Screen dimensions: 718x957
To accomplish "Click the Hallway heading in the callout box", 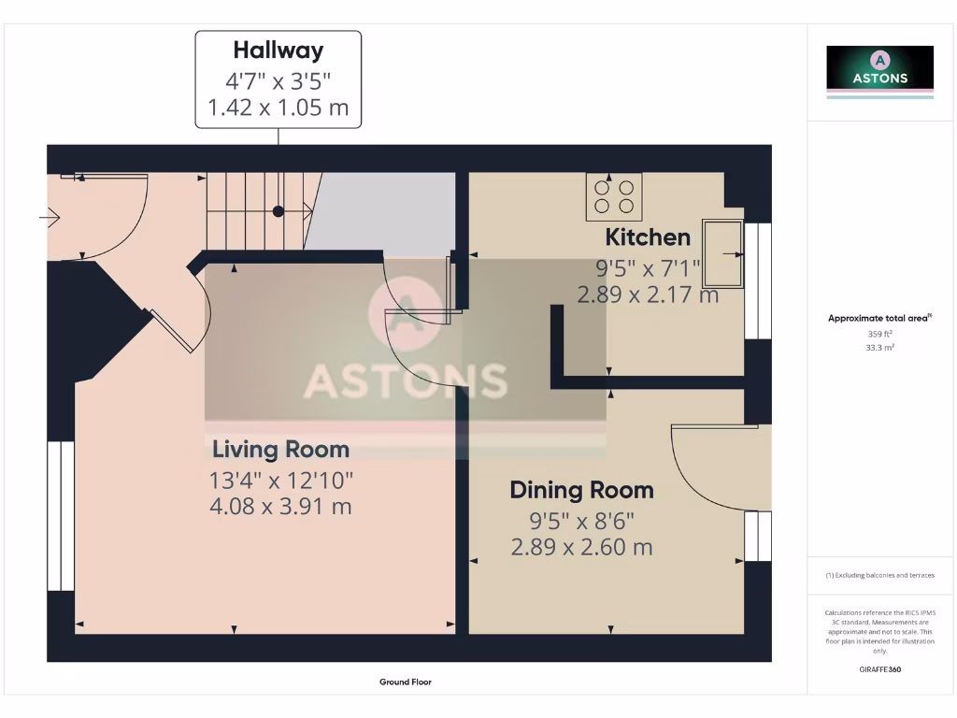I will (278, 50).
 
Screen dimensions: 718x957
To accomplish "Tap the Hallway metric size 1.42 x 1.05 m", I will (278, 108).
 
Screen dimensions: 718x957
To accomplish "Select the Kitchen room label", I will (648, 237).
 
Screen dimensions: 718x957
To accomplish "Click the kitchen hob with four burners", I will (613, 196).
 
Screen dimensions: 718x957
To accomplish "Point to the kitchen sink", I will (722, 253).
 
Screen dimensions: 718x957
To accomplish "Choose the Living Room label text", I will (280, 450).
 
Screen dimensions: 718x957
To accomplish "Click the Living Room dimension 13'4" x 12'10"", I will (280, 481).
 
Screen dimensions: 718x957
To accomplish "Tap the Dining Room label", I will (581, 490).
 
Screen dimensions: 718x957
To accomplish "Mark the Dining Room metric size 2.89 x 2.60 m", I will (581, 547).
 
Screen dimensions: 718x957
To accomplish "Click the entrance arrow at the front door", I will (50, 218).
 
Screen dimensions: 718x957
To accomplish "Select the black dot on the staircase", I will (278, 211).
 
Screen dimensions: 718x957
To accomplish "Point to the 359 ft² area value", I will (879, 334).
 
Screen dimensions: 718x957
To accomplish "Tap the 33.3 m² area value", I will (879, 347).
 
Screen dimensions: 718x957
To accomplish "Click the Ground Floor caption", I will (405, 682).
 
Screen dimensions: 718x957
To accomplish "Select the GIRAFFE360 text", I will (879, 669).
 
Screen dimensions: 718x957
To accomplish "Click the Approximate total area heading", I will (878, 319).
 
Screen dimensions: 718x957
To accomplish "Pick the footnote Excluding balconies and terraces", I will (879, 575).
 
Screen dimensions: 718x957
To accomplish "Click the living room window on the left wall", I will (61, 516).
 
